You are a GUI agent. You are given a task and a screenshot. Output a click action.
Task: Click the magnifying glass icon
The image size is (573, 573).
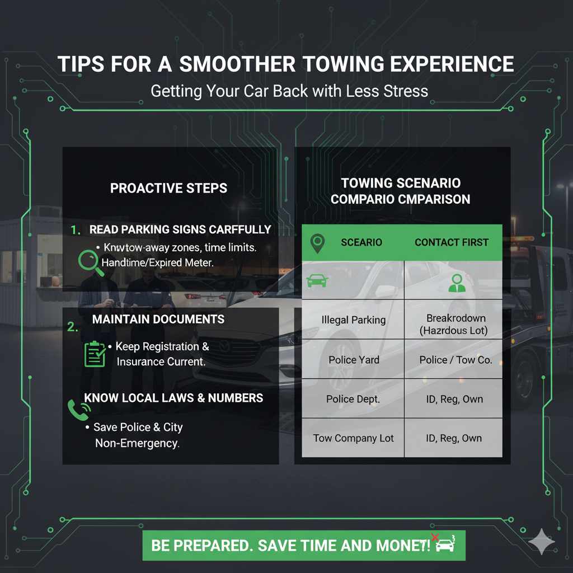(x=91, y=261)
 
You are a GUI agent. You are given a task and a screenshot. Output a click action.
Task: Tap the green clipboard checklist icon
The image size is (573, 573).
(x=95, y=354)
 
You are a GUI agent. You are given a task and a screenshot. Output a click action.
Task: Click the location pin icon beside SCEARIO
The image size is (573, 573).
(x=317, y=243)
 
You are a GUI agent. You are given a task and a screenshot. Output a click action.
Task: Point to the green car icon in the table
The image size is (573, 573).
(x=318, y=280)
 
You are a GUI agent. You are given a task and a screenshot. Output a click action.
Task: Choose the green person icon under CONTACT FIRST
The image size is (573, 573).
(x=457, y=283)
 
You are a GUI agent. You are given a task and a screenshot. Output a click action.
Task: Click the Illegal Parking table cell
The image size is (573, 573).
(x=353, y=320)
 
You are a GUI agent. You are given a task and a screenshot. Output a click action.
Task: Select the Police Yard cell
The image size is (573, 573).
(x=353, y=360)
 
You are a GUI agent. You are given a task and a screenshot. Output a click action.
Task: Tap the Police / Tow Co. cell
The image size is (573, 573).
(x=455, y=360)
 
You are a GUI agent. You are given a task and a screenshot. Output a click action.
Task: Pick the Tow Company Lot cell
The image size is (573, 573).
(x=353, y=438)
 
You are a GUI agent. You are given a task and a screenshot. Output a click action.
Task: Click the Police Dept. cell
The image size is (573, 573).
(x=353, y=399)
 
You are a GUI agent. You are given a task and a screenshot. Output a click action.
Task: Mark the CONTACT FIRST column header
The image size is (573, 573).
(x=451, y=242)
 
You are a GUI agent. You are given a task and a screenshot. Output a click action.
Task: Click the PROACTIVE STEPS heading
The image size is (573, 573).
(x=168, y=188)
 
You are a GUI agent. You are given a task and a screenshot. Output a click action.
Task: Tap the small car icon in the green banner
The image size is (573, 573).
(x=445, y=544)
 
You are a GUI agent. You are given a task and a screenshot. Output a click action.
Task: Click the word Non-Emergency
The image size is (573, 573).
(x=138, y=443)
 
